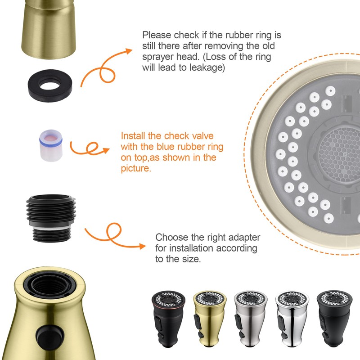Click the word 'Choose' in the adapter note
170,237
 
